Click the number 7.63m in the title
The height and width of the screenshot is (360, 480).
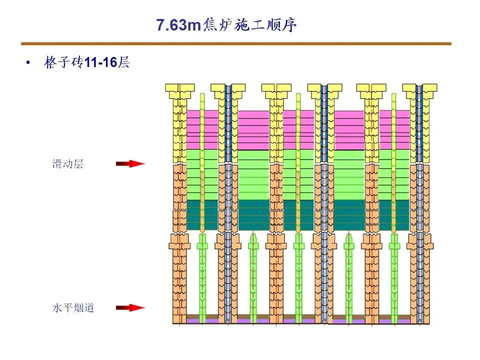pyautogui.click(x=178, y=25)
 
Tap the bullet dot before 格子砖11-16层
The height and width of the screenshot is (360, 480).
pyautogui.click(x=28, y=63)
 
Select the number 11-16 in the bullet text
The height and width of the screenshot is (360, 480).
pyautogui.click(x=100, y=63)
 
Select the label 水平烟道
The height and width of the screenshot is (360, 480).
pyautogui.click(x=73, y=307)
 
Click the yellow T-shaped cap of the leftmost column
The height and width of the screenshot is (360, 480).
pyautogui.click(x=179, y=88)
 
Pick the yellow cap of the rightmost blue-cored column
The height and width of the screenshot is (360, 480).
pyautogui.click(x=419, y=88)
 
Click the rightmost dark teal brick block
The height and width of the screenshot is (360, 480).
pyautogui.click(x=394, y=215)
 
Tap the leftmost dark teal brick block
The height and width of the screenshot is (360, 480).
pyautogui.click(x=202, y=215)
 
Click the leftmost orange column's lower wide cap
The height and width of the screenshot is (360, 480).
pyautogui.click(x=179, y=245)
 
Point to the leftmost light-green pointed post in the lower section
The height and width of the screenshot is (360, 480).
pyautogui.click(x=201, y=280)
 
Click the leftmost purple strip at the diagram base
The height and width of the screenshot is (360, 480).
pyautogui.click(x=202, y=321)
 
